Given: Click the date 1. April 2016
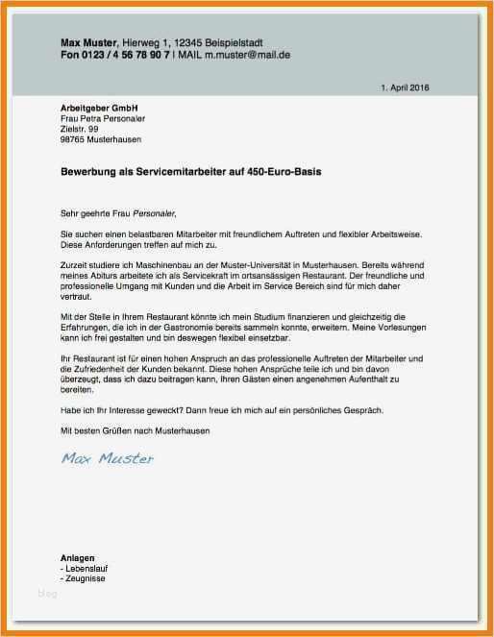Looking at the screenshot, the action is (x=406, y=87).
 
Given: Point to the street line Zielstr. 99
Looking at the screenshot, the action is (x=80, y=128).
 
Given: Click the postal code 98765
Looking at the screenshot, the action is (x=73, y=138).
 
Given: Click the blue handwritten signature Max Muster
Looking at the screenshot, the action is (x=107, y=458).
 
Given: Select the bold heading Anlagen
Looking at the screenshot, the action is (x=77, y=557).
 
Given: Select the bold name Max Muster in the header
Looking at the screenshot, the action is (x=88, y=43).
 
